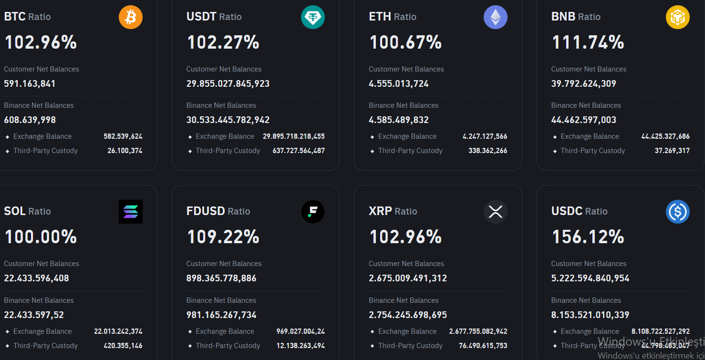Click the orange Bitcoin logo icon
pos(131,17)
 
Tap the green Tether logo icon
pos(313,17)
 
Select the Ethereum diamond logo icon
pos(496,17)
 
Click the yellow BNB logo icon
pos(678,17)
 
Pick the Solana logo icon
pos(131,212)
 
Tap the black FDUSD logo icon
pos(313,212)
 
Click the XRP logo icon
pos(496,212)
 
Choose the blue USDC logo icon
pos(678,212)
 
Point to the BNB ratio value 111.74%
pos(588,42)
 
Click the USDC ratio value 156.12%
pos(588,237)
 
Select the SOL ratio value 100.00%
pos(41,237)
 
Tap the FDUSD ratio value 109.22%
pos(223,237)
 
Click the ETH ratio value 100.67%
pos(405,42)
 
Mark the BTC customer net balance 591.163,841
pos(30,84)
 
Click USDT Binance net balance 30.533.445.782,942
pos(228,120)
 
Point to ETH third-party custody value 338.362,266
pos(487,151)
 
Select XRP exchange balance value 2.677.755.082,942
pos(478,331)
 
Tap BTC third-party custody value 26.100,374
pos(124,151)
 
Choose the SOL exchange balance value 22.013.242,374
pos(118,331)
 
